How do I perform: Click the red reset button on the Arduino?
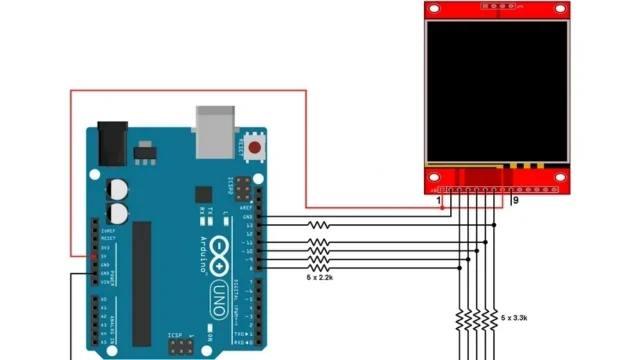(x=255, y=148)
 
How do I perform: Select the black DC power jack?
(x=112, y=146)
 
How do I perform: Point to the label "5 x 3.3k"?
(x=514, y=316)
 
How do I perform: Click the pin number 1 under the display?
(x=440, y=201)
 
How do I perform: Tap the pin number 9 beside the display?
(x=515, y=201)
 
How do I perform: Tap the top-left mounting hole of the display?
(x=434, y=10)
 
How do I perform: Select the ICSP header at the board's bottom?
(x=181, y=347)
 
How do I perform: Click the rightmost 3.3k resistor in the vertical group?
(x=494, y=320)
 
